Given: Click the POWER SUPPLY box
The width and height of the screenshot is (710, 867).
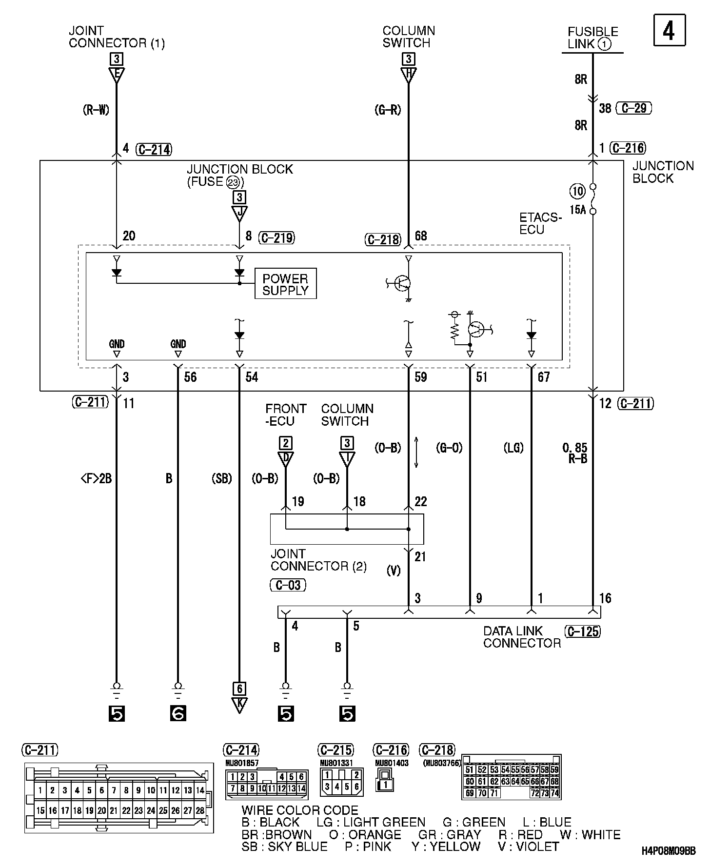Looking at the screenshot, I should pos(285,284).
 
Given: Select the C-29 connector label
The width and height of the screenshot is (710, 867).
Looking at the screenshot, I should pos(634,108).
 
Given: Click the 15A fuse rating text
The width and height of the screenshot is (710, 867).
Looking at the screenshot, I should pos(577,210).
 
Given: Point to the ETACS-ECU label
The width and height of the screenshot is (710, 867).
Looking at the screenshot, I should pos(540,223).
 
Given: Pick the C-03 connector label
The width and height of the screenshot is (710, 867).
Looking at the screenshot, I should pos(288,585).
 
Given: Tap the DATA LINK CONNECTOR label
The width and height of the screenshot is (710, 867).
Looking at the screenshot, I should pos(522,637).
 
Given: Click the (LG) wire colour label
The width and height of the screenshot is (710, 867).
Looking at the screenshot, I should pos(513,447).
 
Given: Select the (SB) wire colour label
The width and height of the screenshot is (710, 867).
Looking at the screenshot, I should pos(221,478).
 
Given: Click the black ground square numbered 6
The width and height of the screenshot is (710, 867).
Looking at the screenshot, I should pos(178,713).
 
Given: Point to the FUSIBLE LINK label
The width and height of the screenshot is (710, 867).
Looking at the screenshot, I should pos(592,38).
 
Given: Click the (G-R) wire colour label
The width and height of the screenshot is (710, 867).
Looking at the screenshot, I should pos(388,110).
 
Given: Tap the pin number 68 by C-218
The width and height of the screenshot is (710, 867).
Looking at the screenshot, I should pos(420,236).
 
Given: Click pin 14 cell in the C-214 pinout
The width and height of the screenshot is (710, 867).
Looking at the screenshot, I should pos(301,788).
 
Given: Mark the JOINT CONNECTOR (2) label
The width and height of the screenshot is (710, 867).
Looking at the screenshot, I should pos(318,560).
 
